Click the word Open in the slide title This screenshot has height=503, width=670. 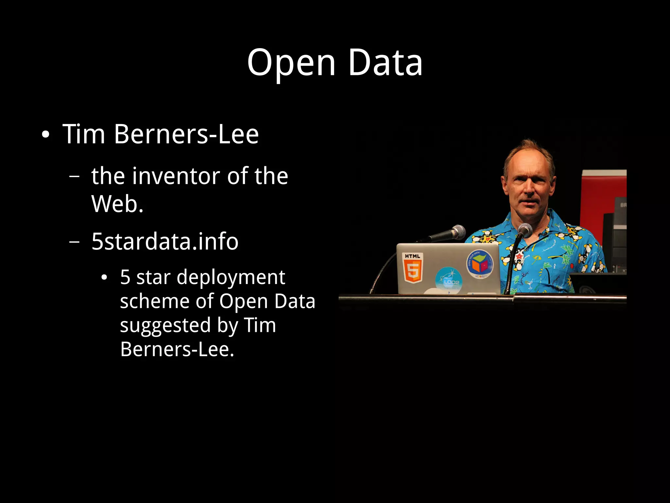tap(291, 63)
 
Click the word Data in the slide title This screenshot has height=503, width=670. tap(385, 63)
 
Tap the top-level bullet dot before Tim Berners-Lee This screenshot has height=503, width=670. tap(45, 135)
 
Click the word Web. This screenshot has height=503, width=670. tap(117, 204)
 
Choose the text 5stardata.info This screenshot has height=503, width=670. tap(165, 242)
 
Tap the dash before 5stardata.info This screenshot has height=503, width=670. tap(75, 242)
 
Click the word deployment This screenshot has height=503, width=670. tap(231, 277)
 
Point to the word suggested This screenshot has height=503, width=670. tap(165, 326)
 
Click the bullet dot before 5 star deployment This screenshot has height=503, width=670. tap(104, 278)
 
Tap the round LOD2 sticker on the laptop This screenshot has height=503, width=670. tap(449, 279)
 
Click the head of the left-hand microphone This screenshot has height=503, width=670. tap(458, 232)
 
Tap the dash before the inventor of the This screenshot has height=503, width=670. tap(75, 176)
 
